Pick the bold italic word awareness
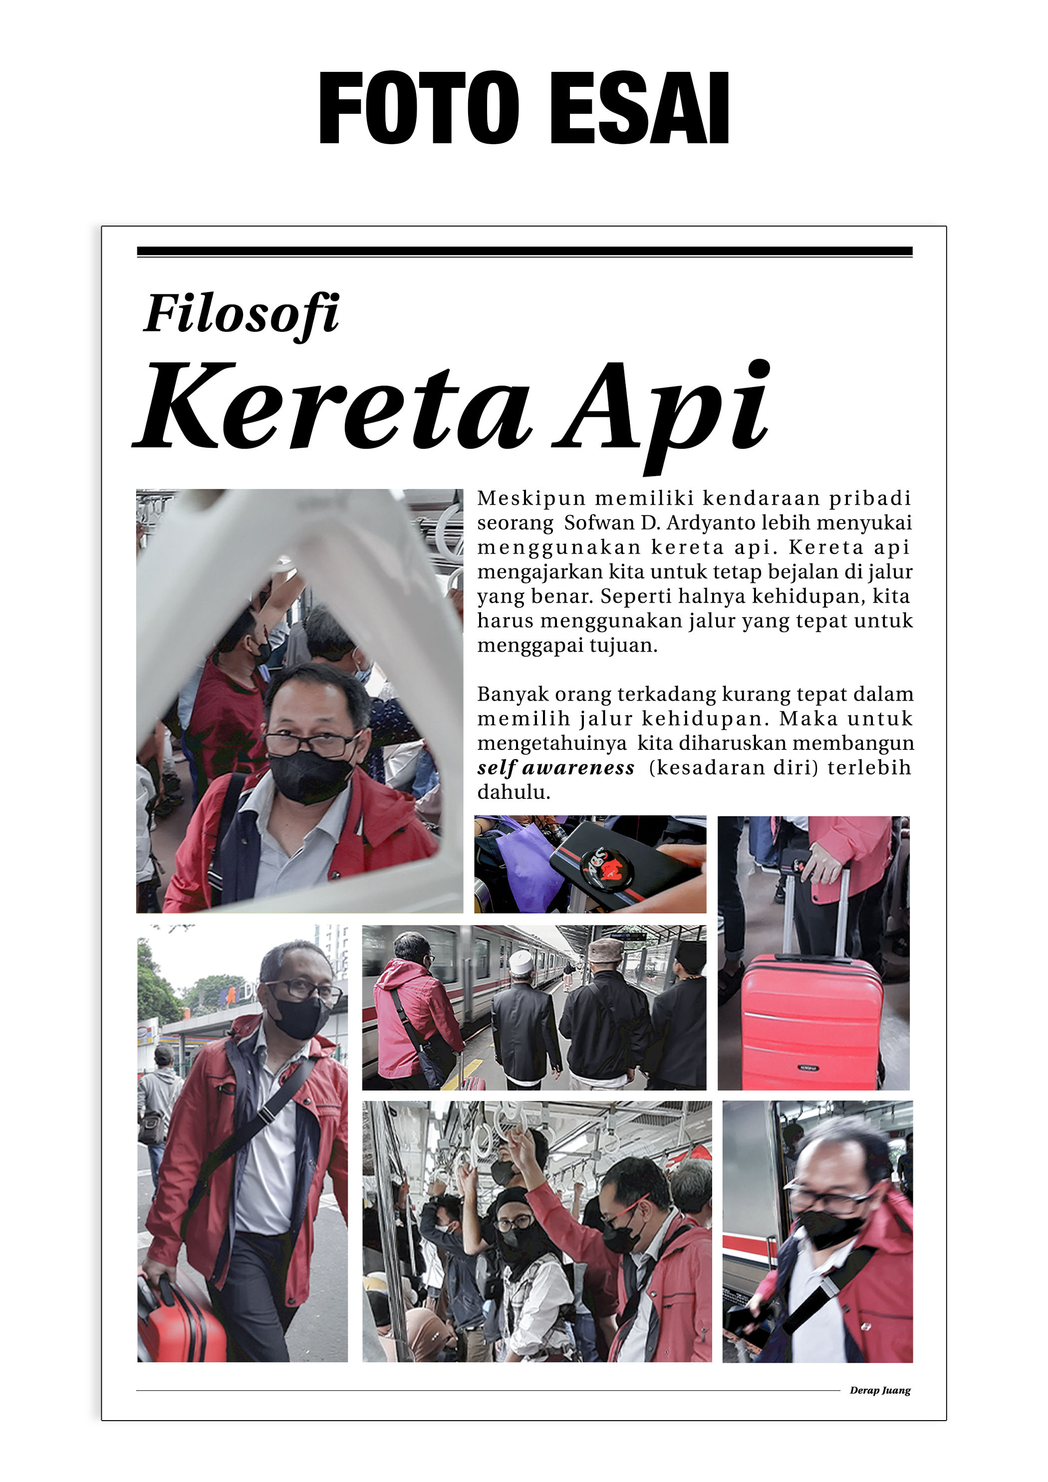(578, 767)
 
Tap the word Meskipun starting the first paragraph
(531, 498)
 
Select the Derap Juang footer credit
(879, 1390)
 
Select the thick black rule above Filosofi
(524, 251)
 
